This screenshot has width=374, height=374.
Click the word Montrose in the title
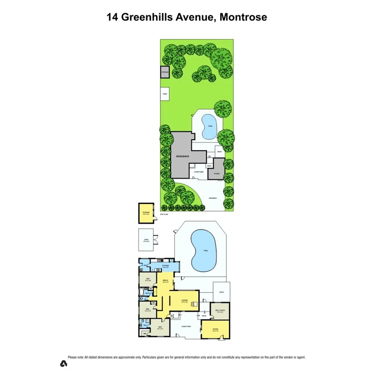coord(243,17)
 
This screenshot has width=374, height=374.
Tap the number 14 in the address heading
coord(112,17)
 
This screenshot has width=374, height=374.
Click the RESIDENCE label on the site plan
coord(182,156)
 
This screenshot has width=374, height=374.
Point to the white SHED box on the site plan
coord(165,95)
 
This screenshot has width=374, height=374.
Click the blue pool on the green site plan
coord(209,126)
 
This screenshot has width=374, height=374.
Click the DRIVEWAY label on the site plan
coord(213,198)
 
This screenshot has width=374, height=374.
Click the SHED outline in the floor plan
coord(146,241)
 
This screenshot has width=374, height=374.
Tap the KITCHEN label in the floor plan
coord(165,266)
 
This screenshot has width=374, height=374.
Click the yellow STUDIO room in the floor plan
coord(215,329)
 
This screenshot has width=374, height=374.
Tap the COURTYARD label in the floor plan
coord(186,327)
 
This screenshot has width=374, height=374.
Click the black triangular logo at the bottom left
coord(63,364)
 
